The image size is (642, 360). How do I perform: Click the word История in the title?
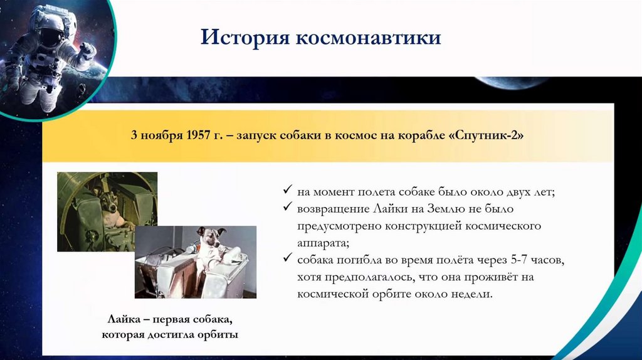pos(245,37)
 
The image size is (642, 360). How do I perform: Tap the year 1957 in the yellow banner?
pos(198,135)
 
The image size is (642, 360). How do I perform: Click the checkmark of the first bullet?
pos(287,189)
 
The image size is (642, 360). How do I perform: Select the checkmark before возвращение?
pos(287,206)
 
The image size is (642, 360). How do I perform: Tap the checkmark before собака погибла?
pos(287,258)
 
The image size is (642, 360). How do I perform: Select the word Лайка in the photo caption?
pos(124,319)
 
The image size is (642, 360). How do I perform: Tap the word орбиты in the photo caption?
pos(218,335)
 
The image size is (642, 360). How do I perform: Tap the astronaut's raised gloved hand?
pos(88,51)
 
